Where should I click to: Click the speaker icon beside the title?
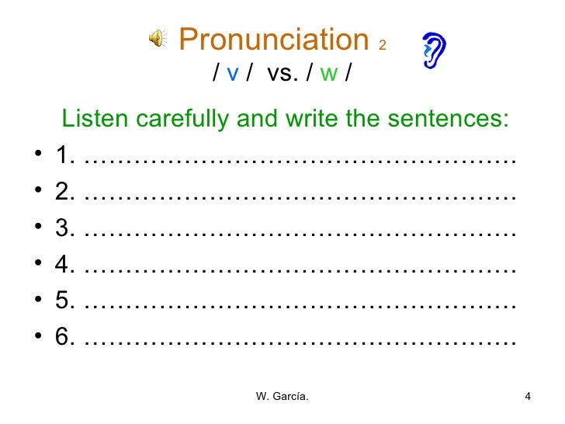point(157,38)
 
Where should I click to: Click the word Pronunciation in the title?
point(273,39)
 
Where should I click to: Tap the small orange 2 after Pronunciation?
point(382,45)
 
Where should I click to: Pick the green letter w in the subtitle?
point(329,74)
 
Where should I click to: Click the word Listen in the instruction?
point(92,119)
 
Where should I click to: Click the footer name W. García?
point(282,398)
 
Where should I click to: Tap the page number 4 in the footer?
point(528,398)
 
